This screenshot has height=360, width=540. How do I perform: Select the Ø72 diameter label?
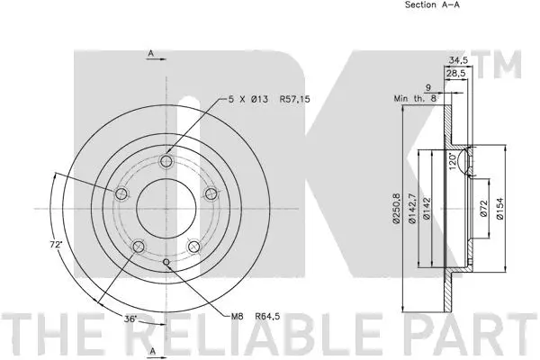(484, 209)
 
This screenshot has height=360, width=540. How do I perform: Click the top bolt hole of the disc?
(166, 162)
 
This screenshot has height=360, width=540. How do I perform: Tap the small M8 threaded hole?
(168, 263)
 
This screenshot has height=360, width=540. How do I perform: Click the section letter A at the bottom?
(152, 350)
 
